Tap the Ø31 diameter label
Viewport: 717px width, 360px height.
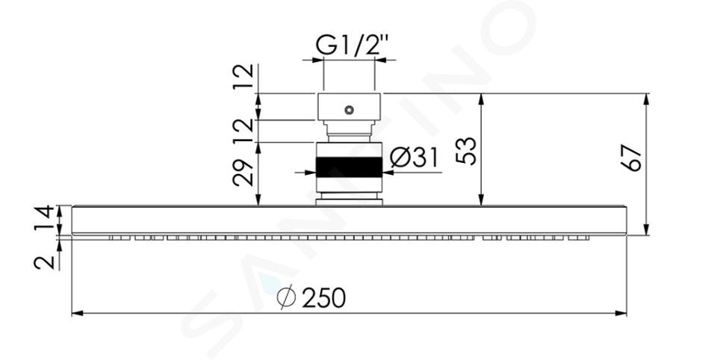point(415,158)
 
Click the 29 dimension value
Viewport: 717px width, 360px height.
point(243,173)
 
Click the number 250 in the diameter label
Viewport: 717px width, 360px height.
point(323,298)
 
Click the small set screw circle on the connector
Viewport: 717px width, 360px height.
point(350,110)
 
